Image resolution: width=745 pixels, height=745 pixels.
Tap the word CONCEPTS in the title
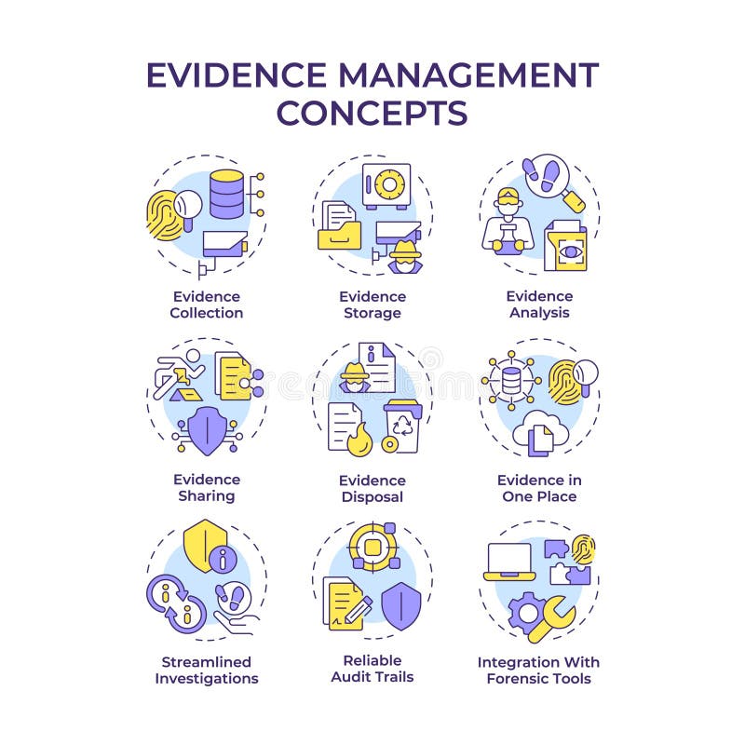(372, 113)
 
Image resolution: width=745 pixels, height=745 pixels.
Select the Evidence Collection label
(206, 305)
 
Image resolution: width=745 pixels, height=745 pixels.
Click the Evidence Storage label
(372, 305)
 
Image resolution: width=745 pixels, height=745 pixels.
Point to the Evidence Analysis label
(539, 305)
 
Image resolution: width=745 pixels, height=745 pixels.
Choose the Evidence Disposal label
(372, 488)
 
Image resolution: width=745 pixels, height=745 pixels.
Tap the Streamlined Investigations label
(206, 670)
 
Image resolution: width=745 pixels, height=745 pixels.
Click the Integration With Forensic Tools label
(539, 670)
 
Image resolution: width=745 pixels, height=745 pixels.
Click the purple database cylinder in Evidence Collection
(226, 193)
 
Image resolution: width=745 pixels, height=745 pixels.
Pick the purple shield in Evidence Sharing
(206, 429)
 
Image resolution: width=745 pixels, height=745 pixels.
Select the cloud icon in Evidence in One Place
(547, 429)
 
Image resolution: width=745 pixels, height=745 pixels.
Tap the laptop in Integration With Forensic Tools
(508, 561)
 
